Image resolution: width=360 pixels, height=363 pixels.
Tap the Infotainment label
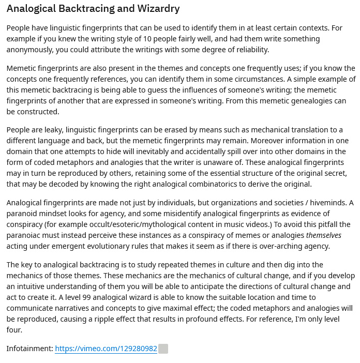coord(29,349)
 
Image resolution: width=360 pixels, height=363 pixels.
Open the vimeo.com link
coord(106,349)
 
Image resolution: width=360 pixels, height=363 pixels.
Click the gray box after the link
coord(163,349)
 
